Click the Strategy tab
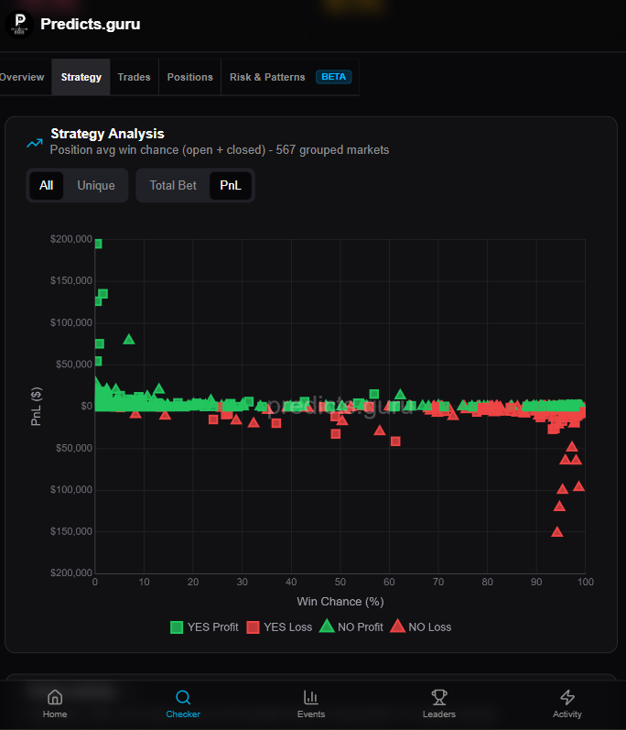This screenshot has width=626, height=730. click(x=81, y=77)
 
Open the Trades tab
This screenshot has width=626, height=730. click(x=134, y=77)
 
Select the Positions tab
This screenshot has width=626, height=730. click(x=189, y=77)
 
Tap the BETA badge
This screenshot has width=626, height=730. click(x=333, y=77)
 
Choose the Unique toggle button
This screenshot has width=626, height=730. click(x=96, y=185)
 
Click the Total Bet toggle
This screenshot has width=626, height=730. click(x=173, y=185)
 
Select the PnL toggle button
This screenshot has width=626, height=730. click(x=231, y=185)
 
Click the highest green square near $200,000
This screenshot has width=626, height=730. click(x=98, y=244)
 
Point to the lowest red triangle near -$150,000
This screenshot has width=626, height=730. click(x=557, y=531)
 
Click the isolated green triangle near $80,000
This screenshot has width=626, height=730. click(x=129, y=340)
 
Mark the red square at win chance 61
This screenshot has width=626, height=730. click(x=395, y=441)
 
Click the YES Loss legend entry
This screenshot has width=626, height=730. click(x=279, y=627)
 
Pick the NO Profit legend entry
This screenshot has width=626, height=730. click(x=351, y=626)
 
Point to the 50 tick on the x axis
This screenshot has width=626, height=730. click(x=340, y=582)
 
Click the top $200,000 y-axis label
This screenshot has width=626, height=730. click(x=71, y=239)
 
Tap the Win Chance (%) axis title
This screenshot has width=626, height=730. click(x=340, y=602)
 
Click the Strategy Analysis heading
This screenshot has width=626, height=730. click(x=107, y=134)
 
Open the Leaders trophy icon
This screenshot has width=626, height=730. click(x=439, y=697)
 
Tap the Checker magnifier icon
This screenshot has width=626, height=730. click(x=183, y=697)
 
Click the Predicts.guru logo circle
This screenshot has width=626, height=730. click(x=19, y=24)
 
